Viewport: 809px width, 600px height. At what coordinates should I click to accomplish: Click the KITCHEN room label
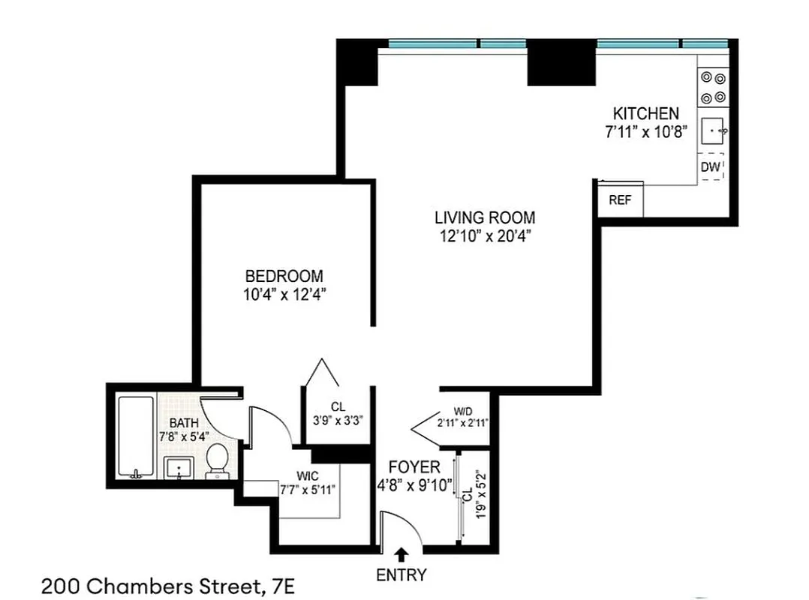(646, 113)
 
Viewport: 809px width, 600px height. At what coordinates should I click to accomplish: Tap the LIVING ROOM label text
(485, 217)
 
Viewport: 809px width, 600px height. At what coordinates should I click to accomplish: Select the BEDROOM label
(284, 275)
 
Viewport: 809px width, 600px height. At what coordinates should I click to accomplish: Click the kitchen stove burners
(712, 87)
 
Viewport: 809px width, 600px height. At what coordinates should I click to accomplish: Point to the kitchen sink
(712, 133)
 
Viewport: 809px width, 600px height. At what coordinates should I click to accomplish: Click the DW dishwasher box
(711, 167)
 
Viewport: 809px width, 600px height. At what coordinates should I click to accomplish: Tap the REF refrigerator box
(620, 200)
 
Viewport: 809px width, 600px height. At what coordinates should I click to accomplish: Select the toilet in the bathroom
(218, 459)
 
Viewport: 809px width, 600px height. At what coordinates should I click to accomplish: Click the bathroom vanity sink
(179, 468)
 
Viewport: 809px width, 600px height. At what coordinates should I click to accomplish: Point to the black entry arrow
(401, 554)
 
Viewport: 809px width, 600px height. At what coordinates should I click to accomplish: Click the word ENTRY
(401, 575)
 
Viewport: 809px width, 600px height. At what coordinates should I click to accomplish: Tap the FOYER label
(414, 467)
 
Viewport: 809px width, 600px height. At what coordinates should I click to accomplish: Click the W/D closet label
(463, 411)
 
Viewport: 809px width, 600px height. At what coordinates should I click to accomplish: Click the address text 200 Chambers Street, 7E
(164, 584)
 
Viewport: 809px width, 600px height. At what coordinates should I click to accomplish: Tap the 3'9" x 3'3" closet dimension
(338, 420)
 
